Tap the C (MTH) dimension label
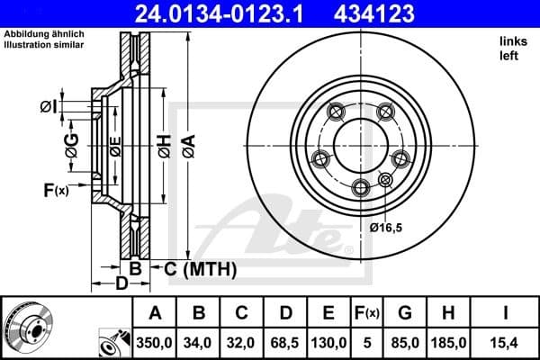(x=200, y=268)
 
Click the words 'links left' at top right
(x=511, y=49)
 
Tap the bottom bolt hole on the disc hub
(x=361, y=186)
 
